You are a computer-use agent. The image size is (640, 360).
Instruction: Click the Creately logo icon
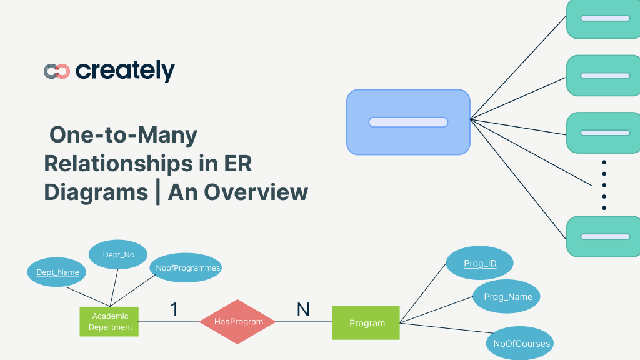point(56,71)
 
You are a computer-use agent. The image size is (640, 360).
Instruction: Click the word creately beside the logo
point(125,71)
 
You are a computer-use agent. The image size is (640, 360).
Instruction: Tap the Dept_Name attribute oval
point(57,272)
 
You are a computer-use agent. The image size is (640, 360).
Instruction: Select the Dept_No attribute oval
point(118,254)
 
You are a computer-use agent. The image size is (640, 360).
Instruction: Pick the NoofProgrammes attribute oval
point(188,268)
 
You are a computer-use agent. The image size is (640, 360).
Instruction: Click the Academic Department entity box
point(109,322)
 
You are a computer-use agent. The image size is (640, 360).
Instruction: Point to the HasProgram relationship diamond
point(237,322)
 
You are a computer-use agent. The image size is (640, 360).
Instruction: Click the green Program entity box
point(366,322)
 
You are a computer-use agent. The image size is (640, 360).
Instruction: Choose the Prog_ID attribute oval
point(480,264)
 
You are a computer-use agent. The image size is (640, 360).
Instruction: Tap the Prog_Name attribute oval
point(507,297)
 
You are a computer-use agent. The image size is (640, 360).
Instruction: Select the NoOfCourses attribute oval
point(521,343)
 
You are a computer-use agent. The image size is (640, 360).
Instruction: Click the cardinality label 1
point(174,309)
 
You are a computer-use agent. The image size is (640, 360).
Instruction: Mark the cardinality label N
point(303,309)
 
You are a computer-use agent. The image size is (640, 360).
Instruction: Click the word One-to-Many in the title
point(123,135)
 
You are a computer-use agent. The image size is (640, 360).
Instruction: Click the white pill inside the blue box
point(408,122)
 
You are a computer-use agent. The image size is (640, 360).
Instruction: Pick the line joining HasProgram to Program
point(304,322)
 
